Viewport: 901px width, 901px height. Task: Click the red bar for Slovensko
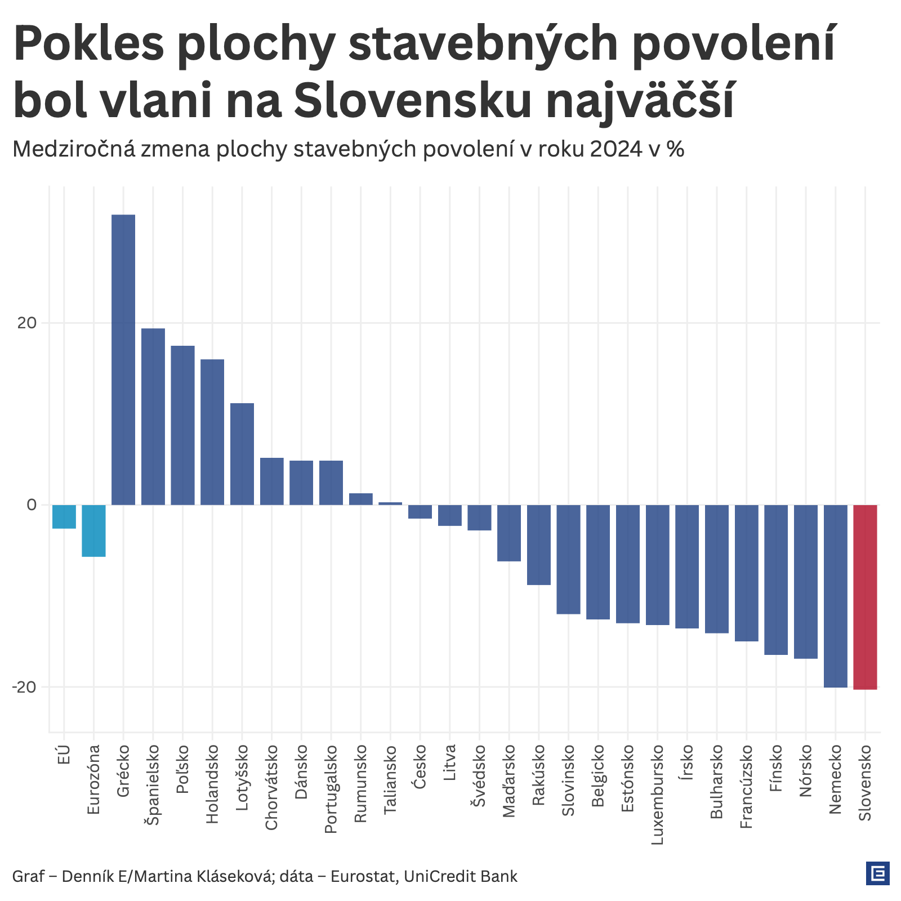point(865,597)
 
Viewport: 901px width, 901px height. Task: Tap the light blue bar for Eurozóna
point(93,530)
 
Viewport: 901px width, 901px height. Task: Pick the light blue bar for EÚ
point(64,516)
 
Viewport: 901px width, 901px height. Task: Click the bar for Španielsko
point(153,416)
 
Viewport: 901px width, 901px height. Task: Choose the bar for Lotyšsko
point(242,454)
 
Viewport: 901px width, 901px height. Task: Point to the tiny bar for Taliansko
point(390,503)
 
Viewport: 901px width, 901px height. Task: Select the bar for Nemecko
point(835,596)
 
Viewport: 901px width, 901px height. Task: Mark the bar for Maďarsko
point(509,533)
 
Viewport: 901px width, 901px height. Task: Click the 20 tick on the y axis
point(26,323)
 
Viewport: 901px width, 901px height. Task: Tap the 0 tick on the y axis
point(32,505)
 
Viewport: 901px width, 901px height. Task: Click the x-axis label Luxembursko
point(657,795)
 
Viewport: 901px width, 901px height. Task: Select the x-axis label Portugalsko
point(331,788)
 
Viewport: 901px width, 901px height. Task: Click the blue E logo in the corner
point(877,873)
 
